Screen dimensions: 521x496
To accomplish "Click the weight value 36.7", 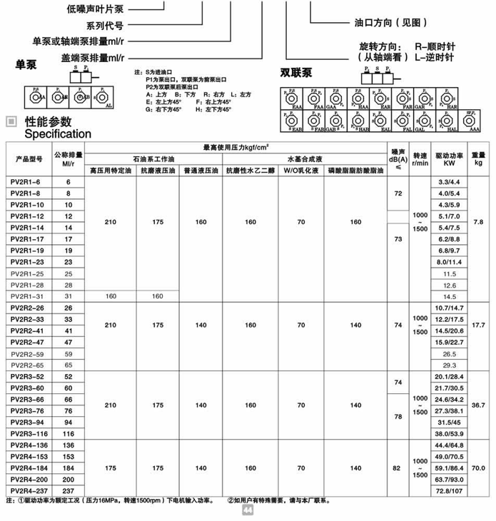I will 478,404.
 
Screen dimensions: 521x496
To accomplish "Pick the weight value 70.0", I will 478,467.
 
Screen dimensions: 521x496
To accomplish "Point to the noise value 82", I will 398,467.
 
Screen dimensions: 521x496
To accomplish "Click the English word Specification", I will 58,133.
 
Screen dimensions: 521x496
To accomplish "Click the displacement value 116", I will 69,434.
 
